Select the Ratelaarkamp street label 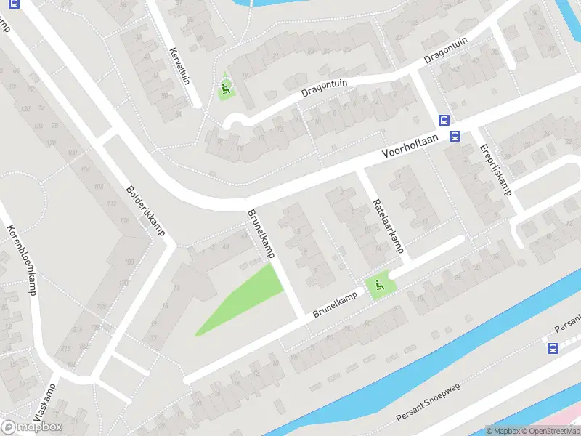click(x=387, y=225)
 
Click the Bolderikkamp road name click(x=145, y=211)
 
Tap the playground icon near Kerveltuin click(x=225, y=91)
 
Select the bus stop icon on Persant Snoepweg click(x=553, y=349)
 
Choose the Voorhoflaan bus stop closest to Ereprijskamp click(x=455, y=136)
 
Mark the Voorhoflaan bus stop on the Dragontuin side click(x=443, y=121)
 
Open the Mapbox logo click(x=32, y=427)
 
